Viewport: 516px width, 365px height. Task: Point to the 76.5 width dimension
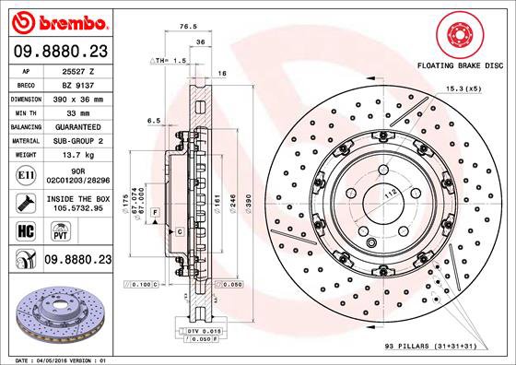coord(190,27)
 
